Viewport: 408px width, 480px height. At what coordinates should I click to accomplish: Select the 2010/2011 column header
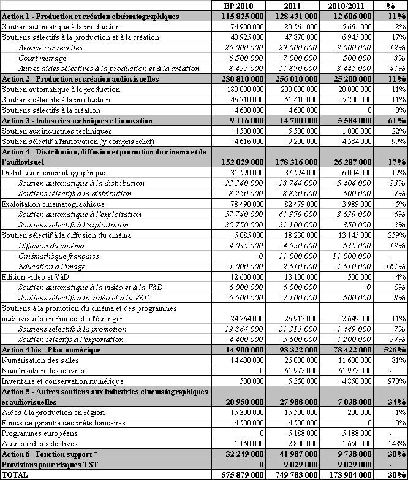(x=344, y=6)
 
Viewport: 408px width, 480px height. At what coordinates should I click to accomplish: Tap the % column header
(x=390, y=6)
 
